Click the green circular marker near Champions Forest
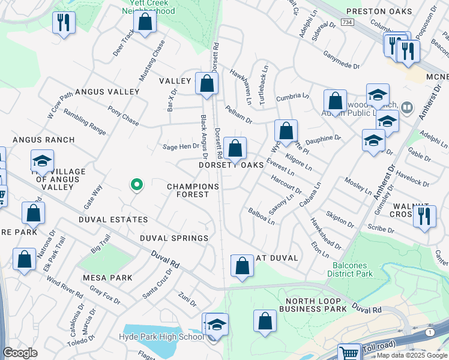click(137, 185)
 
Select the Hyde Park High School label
click(161, 337)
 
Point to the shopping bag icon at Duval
click(241, 266)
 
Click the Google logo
click(20, 352)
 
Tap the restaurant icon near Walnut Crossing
click(424, 216)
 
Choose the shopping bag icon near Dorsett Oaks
click(235, 148)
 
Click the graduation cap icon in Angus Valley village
click(42, 161)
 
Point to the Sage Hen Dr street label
click(181, 146)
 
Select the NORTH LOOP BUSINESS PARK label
click(316, 304)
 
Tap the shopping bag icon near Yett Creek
click(145, 22)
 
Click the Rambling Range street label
click(85, 122)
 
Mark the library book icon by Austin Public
click(408, 108)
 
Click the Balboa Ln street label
click(262, 216)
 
